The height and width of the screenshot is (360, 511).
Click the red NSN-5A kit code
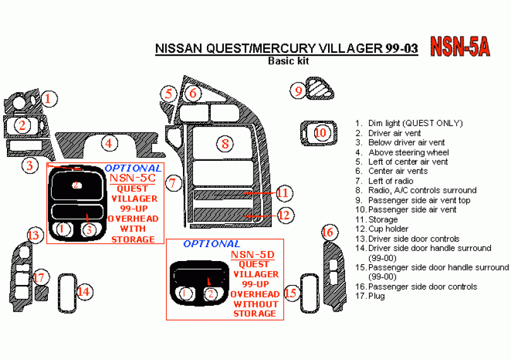pyautogui.click(x=461, y=47)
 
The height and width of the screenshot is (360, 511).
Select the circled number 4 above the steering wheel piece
pyautogui.click(x=109, y=143)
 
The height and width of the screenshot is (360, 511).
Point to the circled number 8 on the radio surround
pyautogui.click(x=225, y=144)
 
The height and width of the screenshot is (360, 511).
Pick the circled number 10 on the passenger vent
pyautogui.click(x=320, y=133)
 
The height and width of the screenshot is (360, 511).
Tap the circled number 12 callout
pyautogui.click(x=284, y=215)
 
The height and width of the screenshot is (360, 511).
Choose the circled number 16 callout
pyautogui.click(x=327, y=233)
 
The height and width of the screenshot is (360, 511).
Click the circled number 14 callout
pyautogui.click(x=85, y=291)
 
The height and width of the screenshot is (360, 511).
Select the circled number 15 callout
pyautogui.click(x=291, y=293)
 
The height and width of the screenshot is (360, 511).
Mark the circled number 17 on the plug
pyautogui.click(x=39, y=277)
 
